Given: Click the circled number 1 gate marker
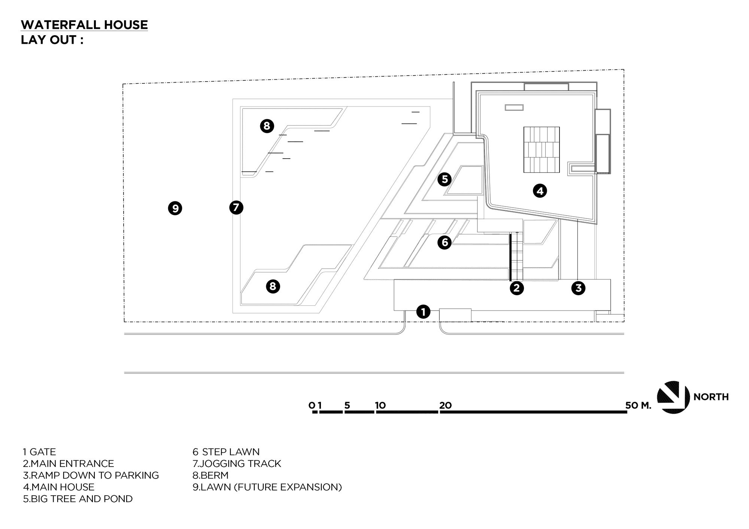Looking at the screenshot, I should (423, 311).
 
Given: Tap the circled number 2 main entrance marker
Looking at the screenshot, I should (516, 288).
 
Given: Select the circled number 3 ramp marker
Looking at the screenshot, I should (578, 288).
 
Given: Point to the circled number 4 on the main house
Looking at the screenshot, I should (540, 191).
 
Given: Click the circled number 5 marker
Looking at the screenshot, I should (445, 179).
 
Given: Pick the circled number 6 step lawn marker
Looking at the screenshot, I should (445, 242).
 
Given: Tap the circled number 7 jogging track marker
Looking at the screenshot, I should (236, 207).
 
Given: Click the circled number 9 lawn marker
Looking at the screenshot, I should (175, 208).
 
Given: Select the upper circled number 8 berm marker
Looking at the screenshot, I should (267, 126).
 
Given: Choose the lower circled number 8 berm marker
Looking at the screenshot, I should (273, 286).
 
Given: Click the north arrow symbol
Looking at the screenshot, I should (673, 397).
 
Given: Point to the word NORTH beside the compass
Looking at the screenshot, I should (711, 397).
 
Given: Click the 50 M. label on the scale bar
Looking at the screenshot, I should (638, 405).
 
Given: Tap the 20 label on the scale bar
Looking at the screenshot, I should (446, 405).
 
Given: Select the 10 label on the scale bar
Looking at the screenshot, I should (380, 405).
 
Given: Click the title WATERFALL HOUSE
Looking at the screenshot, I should (84, 25).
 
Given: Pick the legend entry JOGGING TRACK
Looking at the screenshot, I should (237, 464).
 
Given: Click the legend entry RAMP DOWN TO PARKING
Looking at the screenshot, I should (91, 475).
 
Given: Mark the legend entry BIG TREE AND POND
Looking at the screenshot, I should (78, 499).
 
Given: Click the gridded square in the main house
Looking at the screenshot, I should (541, 150).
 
